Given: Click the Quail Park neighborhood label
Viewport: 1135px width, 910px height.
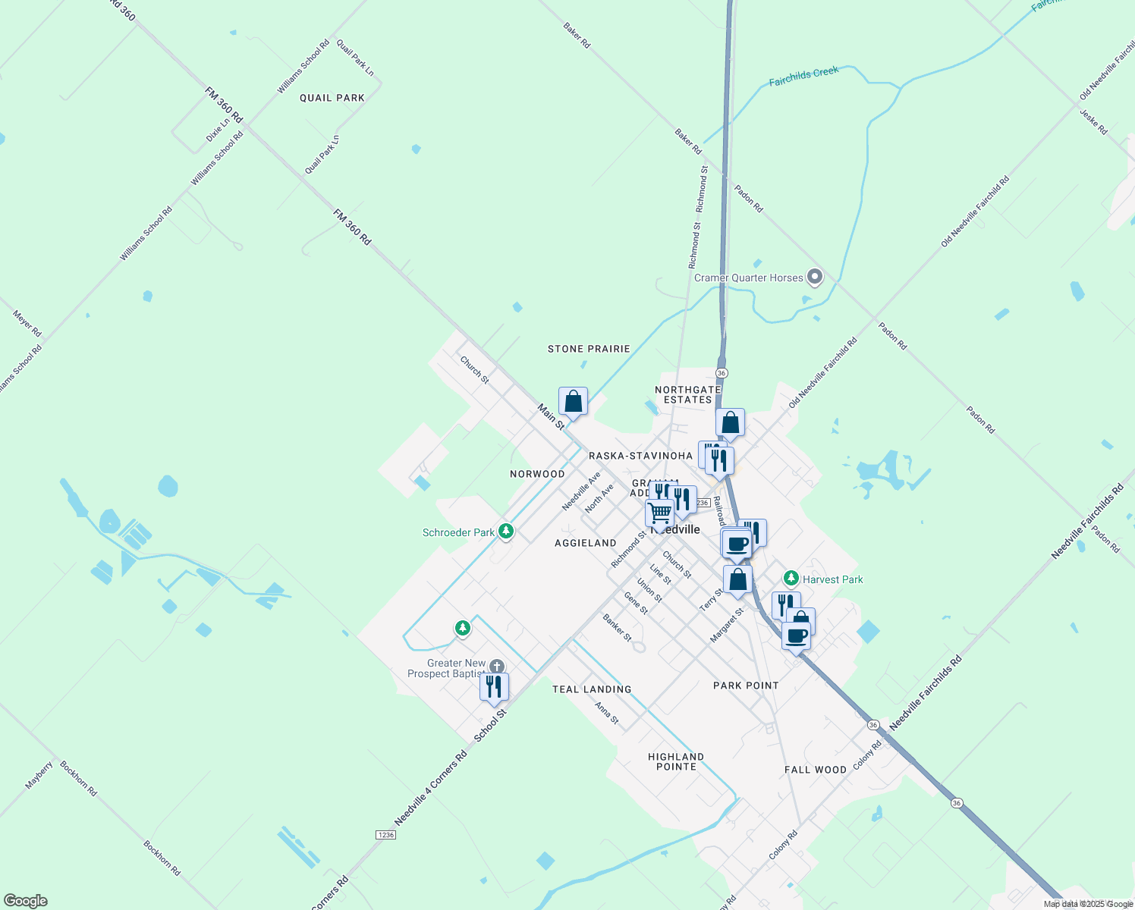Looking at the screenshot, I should click(332, 98).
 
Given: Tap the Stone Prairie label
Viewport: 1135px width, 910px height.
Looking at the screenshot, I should click(589, 349).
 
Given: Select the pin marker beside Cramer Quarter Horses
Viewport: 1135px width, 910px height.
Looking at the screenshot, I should click(815, 277).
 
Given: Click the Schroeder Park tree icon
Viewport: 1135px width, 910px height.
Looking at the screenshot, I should click(506, 532).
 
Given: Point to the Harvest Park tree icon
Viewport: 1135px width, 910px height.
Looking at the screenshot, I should click(791, 579).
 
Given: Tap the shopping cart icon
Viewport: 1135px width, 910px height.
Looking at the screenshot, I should click(659, 513).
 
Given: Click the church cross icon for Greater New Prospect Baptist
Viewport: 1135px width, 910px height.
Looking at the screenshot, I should click(496, 667).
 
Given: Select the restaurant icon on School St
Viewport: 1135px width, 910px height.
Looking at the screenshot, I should click(494, 687).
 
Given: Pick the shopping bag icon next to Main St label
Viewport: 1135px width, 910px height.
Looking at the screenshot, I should click(574, 402).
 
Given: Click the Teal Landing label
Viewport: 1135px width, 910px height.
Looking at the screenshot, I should click(592, 689).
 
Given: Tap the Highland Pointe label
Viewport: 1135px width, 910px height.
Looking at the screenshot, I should click(676, 761).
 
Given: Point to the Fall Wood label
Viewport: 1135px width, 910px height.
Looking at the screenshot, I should click(816, 770).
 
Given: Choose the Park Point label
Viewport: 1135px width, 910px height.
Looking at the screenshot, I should click(746, 686).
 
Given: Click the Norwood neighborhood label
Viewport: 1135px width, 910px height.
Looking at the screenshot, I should click(537, 474).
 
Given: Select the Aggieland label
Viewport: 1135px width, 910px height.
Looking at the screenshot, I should click(585, 543).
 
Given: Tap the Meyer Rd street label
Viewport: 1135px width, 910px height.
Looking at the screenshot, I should click(27, 323).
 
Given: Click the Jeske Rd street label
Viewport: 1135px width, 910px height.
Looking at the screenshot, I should click(1093, 121).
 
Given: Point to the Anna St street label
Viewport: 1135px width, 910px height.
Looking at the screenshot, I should click(607, 713).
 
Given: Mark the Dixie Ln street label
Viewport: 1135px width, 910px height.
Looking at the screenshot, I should click(218, 130).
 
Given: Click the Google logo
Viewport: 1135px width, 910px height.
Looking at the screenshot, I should click(25, 901).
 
